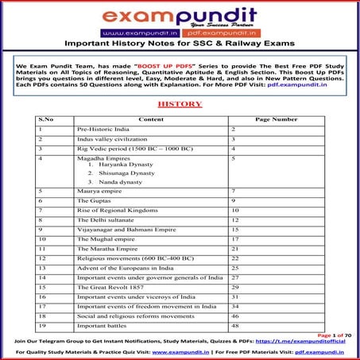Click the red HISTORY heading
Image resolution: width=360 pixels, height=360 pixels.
[x=180, y=103]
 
